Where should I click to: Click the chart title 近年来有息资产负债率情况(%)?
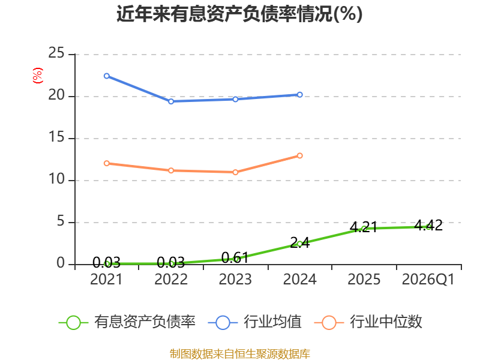coord(239,14)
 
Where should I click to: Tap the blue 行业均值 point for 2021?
coord(107,76)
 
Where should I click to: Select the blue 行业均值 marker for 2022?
coord(171,101)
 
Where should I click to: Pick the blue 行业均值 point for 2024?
coord(299,95)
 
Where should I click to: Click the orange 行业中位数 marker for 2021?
coord(107,163)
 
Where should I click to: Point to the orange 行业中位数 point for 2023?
coord(235,172)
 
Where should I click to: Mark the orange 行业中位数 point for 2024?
coord(299,156)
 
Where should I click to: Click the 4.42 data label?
coord(428,226)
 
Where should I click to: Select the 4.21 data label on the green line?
coord(364,227)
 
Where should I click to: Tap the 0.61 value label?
coord(235,258)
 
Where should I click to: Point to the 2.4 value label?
coord(299,243)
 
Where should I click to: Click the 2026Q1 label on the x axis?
coord(428,280)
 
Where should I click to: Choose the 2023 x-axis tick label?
coord(235,280)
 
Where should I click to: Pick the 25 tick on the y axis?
coord(56,53)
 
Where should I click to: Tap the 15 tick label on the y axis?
coord(56,137)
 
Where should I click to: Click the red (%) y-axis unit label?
coord(38,76)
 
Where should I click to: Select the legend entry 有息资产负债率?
coord(127,322)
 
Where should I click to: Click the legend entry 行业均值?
coord(254,322)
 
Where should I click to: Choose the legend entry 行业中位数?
coord(368,322)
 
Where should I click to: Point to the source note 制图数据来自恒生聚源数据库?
coord(240,353)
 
